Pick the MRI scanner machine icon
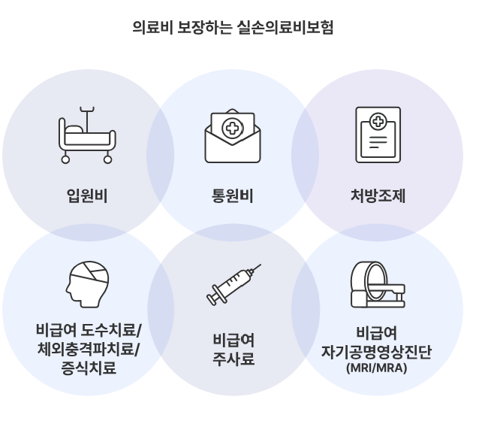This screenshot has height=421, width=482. click(x=377, y=285)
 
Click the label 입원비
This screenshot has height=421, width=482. click(x=87, y=197)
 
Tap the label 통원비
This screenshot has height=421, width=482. click(x=233, y=197)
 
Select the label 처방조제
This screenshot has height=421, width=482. click(x=378, y=197)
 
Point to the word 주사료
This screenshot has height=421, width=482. click(x=233, y=359)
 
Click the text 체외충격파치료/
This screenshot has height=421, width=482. click(x=89, y=350)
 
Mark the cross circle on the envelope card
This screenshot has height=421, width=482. click(x=233, y=129)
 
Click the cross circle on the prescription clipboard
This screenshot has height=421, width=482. click(x=378, y=121)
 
